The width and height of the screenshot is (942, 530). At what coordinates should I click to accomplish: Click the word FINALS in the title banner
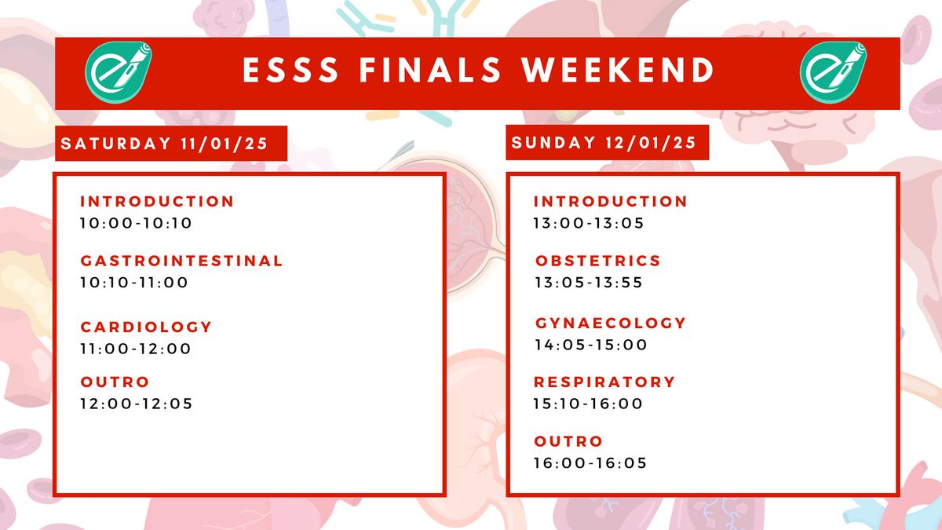(x=430, y=70)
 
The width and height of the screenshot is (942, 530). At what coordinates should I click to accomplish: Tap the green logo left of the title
(x=119, y=72)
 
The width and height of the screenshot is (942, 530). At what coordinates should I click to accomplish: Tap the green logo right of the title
(x=833, y=72)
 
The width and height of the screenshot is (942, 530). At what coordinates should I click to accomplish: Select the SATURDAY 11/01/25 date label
(x=164, y=144)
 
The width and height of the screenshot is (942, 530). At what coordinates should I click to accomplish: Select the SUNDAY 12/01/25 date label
(x=604, y=143)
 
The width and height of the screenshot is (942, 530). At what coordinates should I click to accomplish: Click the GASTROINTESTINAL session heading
(x=181, y=261)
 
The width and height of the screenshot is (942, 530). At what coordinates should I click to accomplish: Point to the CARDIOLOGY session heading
(x=146, y=327)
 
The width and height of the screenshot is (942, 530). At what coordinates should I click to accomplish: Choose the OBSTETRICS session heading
(x=598, y=261)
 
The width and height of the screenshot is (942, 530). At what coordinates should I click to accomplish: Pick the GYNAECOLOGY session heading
(x=611, y=323)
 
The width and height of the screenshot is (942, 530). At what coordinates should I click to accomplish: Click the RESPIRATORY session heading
(x=604, y=382)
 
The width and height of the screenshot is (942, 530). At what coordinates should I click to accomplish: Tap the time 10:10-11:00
(x=134, y=282)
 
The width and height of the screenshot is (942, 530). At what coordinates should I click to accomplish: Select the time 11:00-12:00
(x=135, y=349)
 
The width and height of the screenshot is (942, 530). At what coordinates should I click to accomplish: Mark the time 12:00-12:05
(x=137, y=404)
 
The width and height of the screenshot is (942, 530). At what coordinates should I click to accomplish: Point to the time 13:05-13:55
(x=589, y=282)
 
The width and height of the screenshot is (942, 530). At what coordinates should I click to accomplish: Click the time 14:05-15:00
(x=591, y=345)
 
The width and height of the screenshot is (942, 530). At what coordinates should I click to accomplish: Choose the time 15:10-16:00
(x=588, y=404)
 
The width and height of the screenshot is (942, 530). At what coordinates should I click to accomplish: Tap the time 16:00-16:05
(x=590, y=462)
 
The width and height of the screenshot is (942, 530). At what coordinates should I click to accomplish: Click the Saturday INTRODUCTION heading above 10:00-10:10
(x=157, y=202)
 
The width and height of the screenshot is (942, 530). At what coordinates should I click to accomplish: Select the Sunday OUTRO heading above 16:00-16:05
(x=568, y=441)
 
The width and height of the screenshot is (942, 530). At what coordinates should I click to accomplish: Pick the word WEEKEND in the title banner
(x=619, y=70)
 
